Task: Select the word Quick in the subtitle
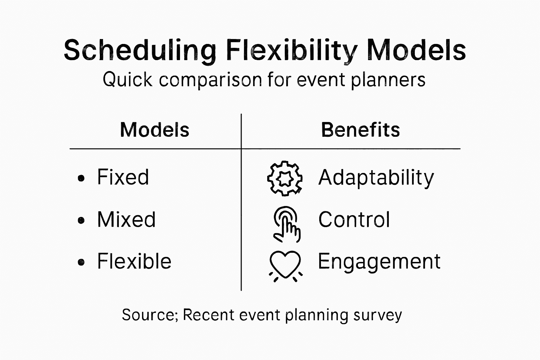pyautogui.click(x=128, y=79)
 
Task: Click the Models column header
pyautogui.click(x=155, y=130)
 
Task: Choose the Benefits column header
pyautogui.click(x=361, y=130)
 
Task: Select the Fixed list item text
pyautogui.click(x=123, y=177)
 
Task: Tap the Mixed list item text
pyautogui.click(x=126, y=219)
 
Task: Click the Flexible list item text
pyautogui.click(x=134, y=261)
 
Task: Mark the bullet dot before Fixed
pyautogui.click(x=81, y=178)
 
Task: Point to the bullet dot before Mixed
pyautogui.click(x=81, y=220)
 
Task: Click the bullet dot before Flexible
pyautogui.click(x=81, y=262)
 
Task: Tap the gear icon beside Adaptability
pyautogui.click(x=285, y=179)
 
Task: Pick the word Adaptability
pyautogui.click(x=376, y=178)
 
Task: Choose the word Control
pyautogui.click(x=354, y=219)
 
